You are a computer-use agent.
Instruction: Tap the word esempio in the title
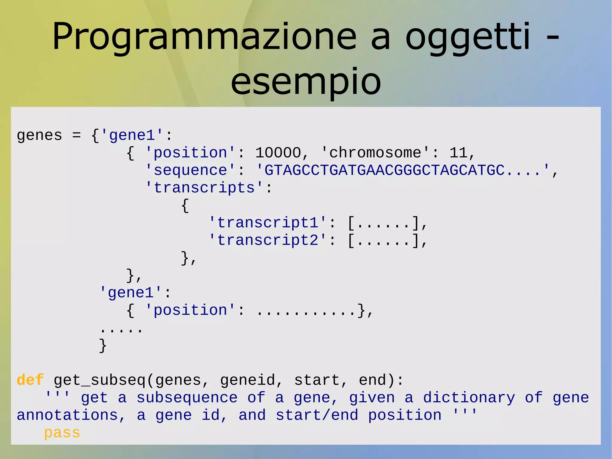(x=306, y=81)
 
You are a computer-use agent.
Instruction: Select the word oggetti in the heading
(x=468, y=37)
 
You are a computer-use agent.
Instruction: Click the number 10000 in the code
(x=278, y=153)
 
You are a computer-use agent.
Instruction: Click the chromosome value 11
(x=458, y=153)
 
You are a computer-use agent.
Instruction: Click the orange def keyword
(x=30, y=380)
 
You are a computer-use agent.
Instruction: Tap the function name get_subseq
(x=100, y=380)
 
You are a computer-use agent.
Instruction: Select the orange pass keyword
(x=62, y=433)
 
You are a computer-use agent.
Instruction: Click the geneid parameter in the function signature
(x=247, y=380)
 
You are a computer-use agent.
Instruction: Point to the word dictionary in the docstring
(x=469, y=398)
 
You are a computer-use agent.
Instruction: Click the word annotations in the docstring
(x=67, y=415)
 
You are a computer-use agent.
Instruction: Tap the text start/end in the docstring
(x=317, y=415)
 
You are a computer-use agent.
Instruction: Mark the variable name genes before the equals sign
(x=39, y=135)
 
